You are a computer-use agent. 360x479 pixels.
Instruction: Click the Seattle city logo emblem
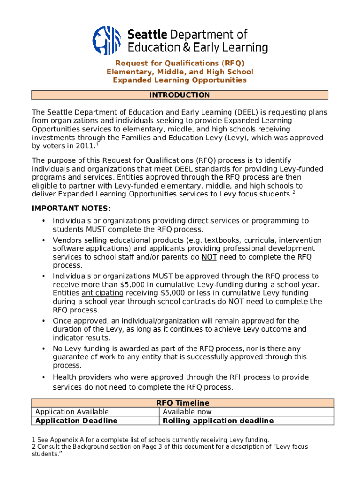coord(108,40)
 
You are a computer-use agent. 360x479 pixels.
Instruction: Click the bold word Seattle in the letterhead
coord(147,35)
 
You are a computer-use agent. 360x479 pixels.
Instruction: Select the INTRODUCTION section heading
coord(180,95)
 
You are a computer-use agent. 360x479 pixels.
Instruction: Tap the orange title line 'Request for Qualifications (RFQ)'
coord(180,63)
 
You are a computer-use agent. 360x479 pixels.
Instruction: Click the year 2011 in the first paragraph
coord(84,146)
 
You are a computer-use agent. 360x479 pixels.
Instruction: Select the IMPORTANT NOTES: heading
coord(71,208)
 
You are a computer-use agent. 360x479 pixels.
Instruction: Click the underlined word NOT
coord(209,257)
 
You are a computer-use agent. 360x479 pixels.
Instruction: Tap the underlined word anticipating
coord(102,293)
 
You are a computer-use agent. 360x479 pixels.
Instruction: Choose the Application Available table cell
coord(72,412)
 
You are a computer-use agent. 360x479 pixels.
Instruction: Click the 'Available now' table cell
coord(187,412)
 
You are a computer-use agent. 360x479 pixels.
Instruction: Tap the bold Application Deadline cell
coord(76,421)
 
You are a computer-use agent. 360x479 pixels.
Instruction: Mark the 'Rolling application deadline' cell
coord(217,421)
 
